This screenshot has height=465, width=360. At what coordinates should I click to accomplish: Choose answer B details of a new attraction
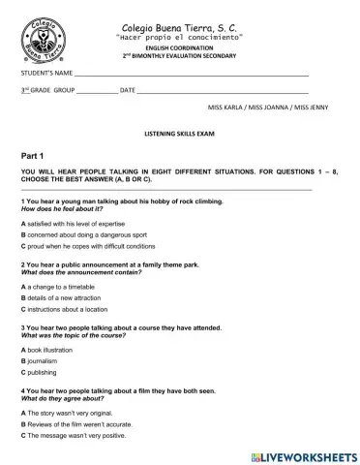pos(70,298)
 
